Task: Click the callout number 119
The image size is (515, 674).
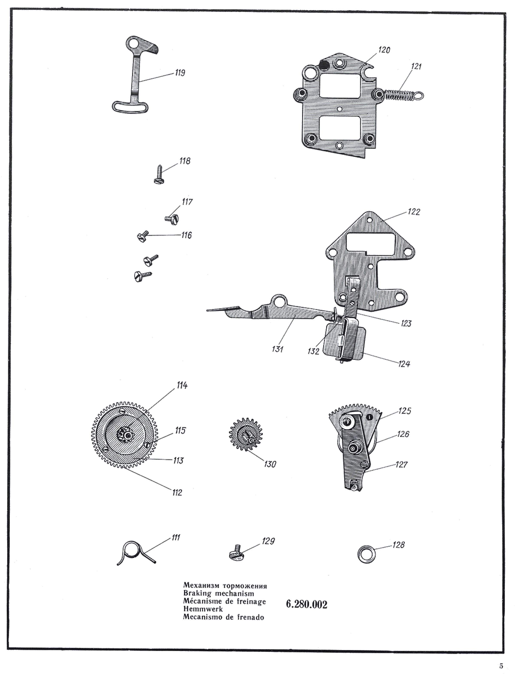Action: pyautogui.click(x=180, y=73)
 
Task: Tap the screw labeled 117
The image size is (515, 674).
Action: pyautogui.click(x=172, y=219)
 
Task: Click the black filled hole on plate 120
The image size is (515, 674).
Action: pyautogui.click(x=323, y=64)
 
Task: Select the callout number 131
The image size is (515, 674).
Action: pyautogui.click(x=277, y=349)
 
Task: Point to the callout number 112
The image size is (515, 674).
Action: pyautogui.click(x=177, y=492)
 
